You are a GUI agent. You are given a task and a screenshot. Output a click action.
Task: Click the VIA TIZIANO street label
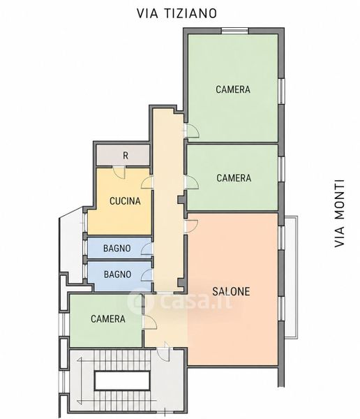[x=177, y=13]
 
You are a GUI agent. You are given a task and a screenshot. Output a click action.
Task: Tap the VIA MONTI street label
[x=340, y=214]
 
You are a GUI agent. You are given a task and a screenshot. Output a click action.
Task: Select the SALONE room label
[x=231, y=291]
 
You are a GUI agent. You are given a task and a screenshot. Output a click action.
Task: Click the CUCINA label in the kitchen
[x=125, y=201]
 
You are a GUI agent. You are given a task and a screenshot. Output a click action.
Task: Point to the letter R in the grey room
[x=126, y=155]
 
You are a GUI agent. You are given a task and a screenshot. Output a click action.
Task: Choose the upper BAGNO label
[x=117, y=248]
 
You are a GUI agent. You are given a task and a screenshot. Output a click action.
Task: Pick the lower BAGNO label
[x=117, y=274]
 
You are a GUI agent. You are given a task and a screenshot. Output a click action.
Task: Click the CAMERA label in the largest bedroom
[x=233, y=89]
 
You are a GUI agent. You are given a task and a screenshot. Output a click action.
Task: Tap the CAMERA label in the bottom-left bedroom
[x=108, y=318]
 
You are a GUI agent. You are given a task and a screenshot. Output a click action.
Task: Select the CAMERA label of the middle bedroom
[x=234, y=178]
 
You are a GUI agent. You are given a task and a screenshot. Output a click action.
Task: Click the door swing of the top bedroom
[x=193, y=131]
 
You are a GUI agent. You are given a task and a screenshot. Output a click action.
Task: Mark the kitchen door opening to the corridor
[x=147, y=182]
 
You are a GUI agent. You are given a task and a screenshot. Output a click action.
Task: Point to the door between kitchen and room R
[x=119, y=172]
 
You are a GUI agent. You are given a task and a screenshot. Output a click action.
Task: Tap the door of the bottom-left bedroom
[x=149, y=322]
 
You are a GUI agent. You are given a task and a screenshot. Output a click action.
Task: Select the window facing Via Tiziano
[x=235, y=31]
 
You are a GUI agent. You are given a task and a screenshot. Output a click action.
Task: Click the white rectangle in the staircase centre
[x=122, y=381]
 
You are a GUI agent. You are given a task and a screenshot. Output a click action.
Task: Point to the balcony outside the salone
[x=291, y=277]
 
